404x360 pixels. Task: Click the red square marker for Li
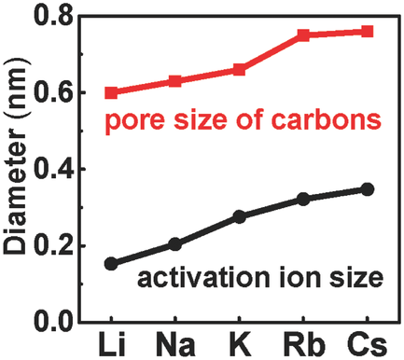(112, 92)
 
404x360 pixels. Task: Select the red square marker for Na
(174, 81)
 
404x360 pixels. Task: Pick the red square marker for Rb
(303, 35)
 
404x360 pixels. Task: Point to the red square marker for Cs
(367, 32)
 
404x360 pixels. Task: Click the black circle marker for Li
(112, 264)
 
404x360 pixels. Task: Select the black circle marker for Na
(174, 244)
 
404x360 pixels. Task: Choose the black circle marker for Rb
(303, 200)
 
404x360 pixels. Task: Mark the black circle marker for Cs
(367, 189)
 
